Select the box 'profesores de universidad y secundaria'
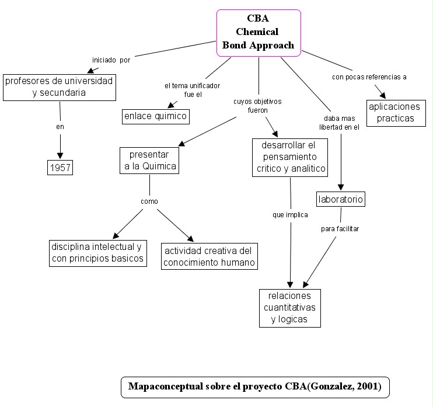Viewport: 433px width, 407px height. (x=59, y=86)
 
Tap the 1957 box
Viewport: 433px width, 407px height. (x=60, y=168)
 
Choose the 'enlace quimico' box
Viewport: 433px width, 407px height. (x=155, y=116)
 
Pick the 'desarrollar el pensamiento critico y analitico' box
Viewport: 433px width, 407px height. (x=290, y=157)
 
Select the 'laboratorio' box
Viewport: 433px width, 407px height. (x=341, y=200)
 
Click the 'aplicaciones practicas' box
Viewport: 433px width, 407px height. (x=395, y=113)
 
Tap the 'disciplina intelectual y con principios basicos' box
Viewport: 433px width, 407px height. (x=96, y=253)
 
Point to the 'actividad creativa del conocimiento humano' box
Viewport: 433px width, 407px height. (x=209, y=256)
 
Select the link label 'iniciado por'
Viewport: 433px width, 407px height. (x=111, y=60)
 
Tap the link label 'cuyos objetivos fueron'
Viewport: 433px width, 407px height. (x=257, y=105)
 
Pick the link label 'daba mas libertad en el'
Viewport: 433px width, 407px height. (x=339, y=122)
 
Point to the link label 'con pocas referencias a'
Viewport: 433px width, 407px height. (x=369, y=76)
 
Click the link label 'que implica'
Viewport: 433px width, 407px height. (x=290, y=214)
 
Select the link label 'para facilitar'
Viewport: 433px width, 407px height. (x=340, y=228)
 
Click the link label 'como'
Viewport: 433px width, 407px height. (x=149, y=201)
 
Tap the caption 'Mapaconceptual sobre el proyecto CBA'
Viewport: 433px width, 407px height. (x=254, y=387)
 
